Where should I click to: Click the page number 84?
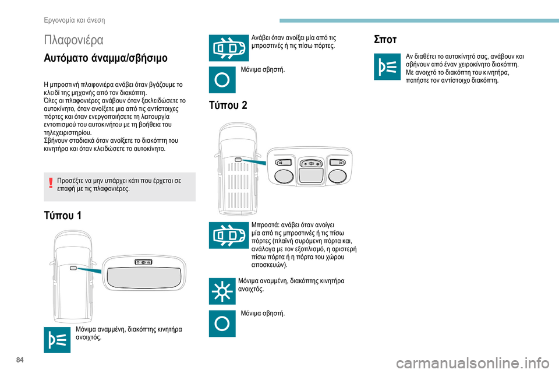click(x=20, y=360)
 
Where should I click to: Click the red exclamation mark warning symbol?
click(x=51, y=183)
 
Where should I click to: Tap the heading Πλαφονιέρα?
click(x=74, y=40)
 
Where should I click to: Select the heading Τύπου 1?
click(x=63, y=215)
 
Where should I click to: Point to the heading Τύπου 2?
click(x=228, y=105)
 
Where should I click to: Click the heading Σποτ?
click(x=385, y=39)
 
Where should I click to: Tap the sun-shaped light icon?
click(x=222, y=291)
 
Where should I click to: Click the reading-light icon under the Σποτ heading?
click(x=387, y=67)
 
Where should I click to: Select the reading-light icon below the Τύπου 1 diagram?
click(x=57, y=340)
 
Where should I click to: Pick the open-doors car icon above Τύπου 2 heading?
click(x=229, y=48)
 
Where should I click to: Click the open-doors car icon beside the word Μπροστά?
click(x=229, y=235)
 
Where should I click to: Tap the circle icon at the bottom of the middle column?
click(x=222, y=323)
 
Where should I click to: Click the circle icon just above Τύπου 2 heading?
click(x=222, y=80)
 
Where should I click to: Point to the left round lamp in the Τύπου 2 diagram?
click(x=284, y=176)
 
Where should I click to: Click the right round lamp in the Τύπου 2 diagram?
click(x=337, y=176)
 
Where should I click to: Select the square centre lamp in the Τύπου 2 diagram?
click(x=310, y=175)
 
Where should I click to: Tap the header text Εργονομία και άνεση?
click(x=75, y=20)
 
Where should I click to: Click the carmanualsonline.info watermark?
click(x=472, y=364)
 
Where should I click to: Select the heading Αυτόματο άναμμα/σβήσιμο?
click(x=105, y=58)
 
